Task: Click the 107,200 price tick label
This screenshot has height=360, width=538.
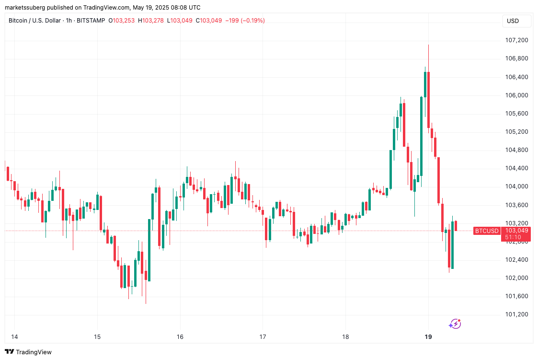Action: [x=516, y=40]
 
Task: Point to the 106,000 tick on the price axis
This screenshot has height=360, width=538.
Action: [x=516, y=95]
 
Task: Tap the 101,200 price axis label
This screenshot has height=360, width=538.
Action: [x=516, y=314]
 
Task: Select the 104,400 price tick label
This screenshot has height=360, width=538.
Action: [x=516, y=168]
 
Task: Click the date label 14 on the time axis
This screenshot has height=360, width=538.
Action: [x=14, y=337]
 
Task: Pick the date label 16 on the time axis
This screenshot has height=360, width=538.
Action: [x=180, y=337]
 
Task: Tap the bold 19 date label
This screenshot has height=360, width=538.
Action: [x=428, y=337]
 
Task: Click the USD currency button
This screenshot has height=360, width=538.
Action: [x=513, y=21]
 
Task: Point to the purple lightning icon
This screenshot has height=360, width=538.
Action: [x=455, y=325]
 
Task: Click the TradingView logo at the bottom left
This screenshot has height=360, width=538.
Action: [x=29, y=352]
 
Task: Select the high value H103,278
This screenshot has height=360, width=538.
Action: [x=151, y=21]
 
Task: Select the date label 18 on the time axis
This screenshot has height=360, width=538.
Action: [x=345, y=337]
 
